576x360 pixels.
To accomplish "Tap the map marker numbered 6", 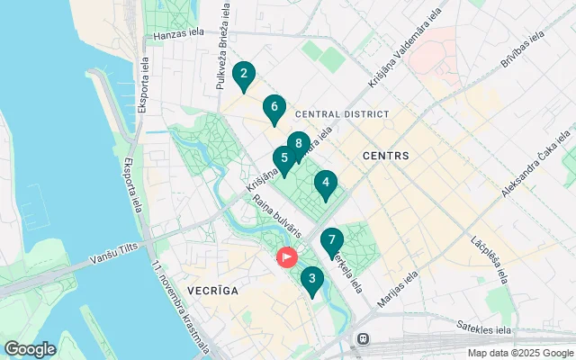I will pyautogui.click(x=274, y=107).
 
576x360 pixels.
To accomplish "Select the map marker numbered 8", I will pyautogui.click(x=298, y=143).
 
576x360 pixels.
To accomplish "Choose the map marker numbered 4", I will pyautogui.click(x=326, y=184).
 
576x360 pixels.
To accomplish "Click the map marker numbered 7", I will pyautogui.click(x=332, y=241).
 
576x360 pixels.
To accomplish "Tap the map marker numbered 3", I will pyautogui.click(x=311, y=280).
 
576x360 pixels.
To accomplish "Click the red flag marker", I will pyautogui.click(x=287, y=257).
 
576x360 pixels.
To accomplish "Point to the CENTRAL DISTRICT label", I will pyautogui.click(x=342, y=114).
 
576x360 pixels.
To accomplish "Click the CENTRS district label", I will pyautogui.click(x=385, y=156).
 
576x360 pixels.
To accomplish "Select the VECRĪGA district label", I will pyautogui.click(x=212, y=291).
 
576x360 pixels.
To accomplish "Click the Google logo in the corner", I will pyautogui.click(x=30, y=348).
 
